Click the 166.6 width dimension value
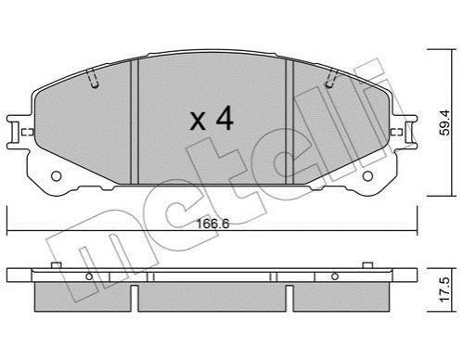coord(212,224)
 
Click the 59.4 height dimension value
coord(445,122)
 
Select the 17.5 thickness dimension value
coord(445,289)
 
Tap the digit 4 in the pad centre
coord(225,118)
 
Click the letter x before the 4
coord(198,121)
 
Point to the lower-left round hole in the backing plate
coord(57,176)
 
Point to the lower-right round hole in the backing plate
coord(367,176)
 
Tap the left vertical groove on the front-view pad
coord(135,122)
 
